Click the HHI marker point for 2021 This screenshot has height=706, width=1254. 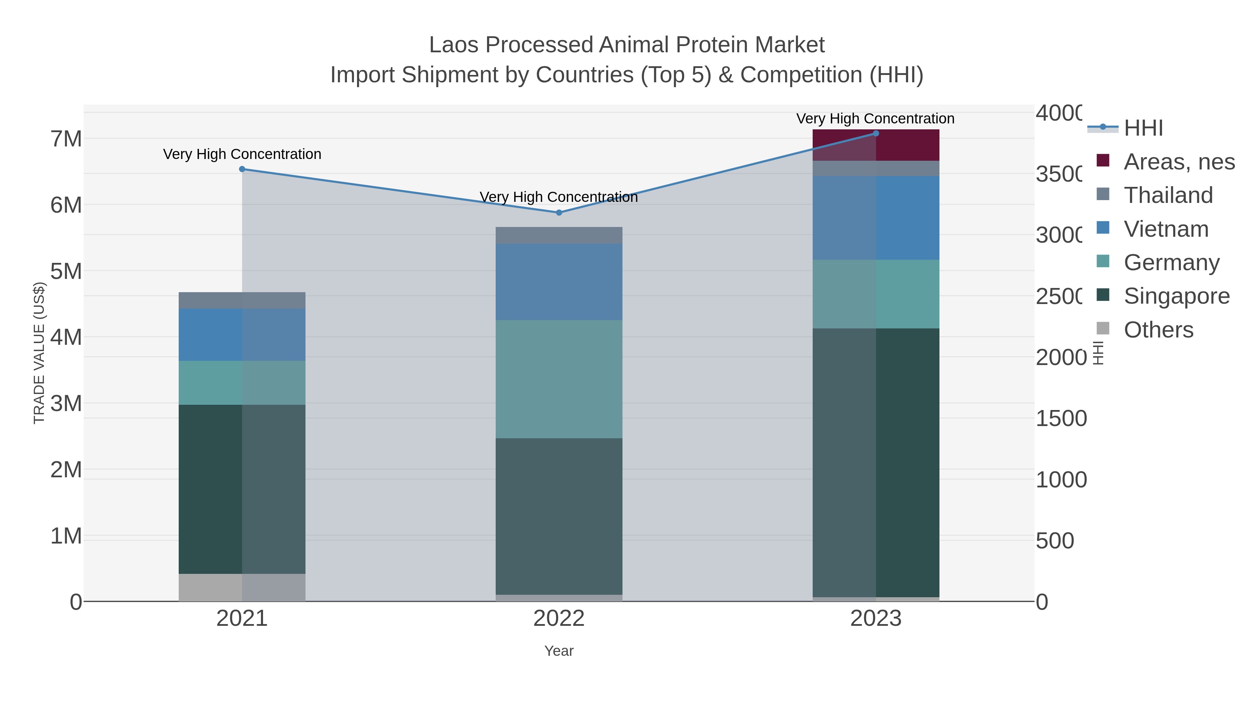click(x=242, y=169)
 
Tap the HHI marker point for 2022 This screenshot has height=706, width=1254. click(x=559, y=212)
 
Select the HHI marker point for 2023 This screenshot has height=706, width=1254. click(x=876, y=134)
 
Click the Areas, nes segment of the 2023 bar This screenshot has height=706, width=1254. click(x=876, y=145)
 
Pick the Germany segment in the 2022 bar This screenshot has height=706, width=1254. click(x=559, y=379)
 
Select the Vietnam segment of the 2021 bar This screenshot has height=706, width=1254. click(x=242, y=334)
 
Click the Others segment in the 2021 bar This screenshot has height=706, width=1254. click(x=242, y=587)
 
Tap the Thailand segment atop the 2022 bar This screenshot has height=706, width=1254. click(x=559, y=235)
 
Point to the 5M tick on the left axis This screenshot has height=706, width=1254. click(x=66, y=271)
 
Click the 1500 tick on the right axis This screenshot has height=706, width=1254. click(x=1061, y=418)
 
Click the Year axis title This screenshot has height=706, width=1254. click(x=559, y=651)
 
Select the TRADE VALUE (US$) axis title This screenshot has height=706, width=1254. click(x=39, y=353)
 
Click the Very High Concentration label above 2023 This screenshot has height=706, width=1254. click(x=875, y=119)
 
